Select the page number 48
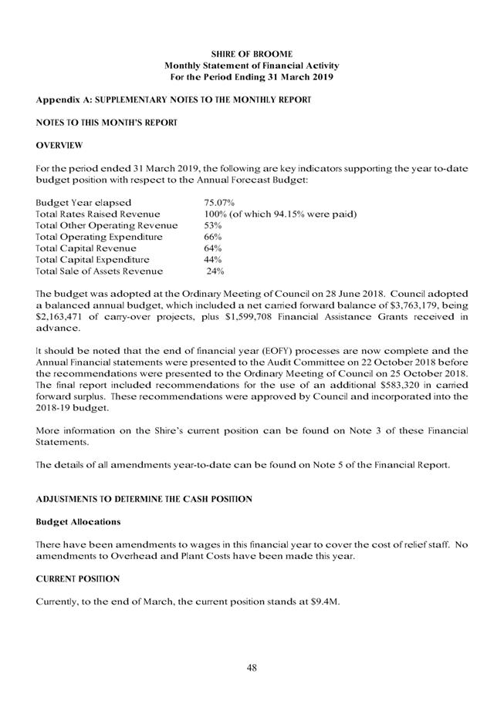click(252, 668)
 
